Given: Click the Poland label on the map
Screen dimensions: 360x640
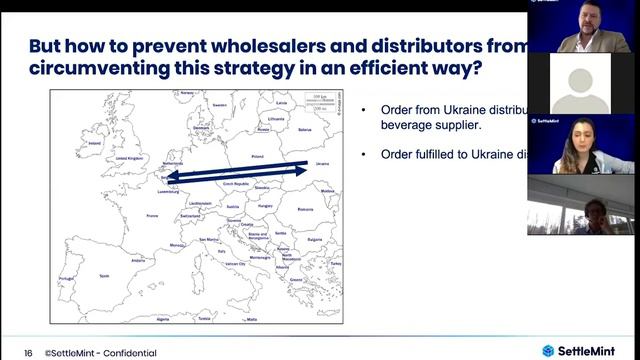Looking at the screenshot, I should point(256,157).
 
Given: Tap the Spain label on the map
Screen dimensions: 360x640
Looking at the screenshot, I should point(103,274).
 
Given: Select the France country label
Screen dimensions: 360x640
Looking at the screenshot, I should point(153,215).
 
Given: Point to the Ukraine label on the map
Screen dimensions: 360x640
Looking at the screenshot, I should point(321,163).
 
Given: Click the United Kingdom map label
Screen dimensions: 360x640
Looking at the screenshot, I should point(130,158).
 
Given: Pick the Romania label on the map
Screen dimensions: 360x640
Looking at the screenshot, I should point(305,209).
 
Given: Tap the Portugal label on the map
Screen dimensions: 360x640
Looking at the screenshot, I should point(67,278).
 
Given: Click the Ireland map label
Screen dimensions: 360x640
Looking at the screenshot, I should point(95,143).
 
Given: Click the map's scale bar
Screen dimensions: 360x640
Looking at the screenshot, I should point(318,100).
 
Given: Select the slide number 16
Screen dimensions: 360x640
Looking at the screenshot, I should point(28,352).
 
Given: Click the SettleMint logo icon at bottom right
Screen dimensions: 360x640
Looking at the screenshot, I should point(548,350).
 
